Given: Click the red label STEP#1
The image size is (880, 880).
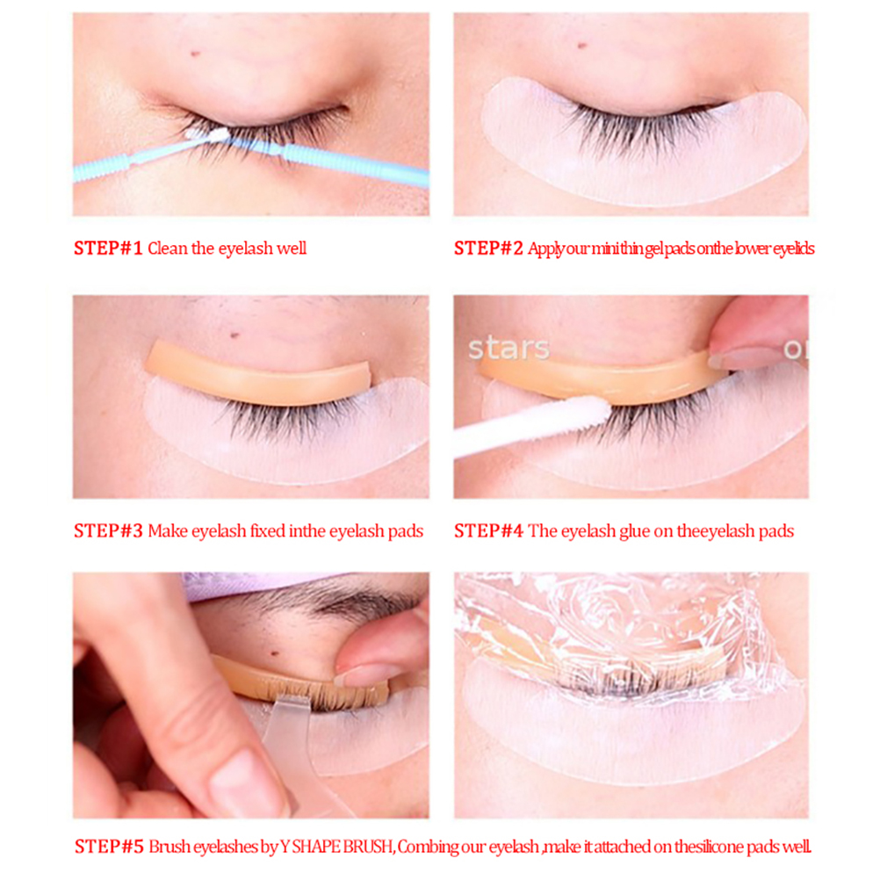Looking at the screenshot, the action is click(108, 248).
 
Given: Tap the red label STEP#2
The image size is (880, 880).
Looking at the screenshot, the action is click(488, 248).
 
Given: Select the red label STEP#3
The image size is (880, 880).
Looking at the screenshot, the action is click(108, 531).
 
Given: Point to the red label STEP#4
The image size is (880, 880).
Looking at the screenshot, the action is click(488, 531).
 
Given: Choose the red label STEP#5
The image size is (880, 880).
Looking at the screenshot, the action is click(109, 847).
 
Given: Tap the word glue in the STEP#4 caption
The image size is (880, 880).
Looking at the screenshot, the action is click(634, 531).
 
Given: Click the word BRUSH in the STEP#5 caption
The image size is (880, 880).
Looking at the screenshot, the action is click(368, 847).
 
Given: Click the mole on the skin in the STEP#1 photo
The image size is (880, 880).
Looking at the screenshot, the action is click(195, 54).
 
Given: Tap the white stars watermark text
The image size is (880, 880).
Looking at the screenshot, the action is click(509, 349).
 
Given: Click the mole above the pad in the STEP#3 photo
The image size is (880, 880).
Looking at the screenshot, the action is click(235, 335).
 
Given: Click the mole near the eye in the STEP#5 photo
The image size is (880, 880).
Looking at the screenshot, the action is click(274, 653).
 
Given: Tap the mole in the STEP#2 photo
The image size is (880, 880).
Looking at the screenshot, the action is click(582, 45).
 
